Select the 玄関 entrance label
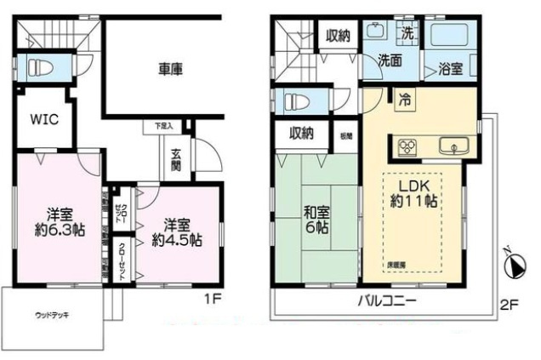(x=175, y=159)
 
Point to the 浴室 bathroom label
(x=449, y=70)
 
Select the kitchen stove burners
(x=405, y=146)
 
